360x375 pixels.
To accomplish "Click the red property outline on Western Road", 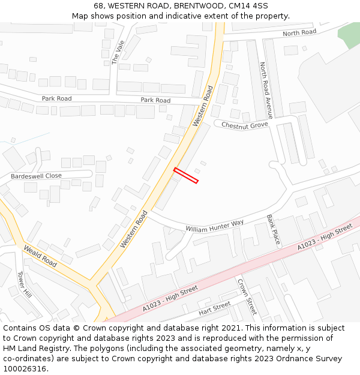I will [186, 175].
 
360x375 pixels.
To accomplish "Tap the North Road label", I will [299, 33].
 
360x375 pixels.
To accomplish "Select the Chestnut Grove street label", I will [244, 125].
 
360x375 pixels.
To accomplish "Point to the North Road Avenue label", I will [266, 90].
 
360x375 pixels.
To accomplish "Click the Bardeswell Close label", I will [36, 176].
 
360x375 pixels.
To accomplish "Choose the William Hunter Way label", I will [214, 226].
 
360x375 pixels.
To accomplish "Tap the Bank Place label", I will [273, 229].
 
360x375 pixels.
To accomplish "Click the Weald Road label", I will [40, 256].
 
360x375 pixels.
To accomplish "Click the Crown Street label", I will [247, 296].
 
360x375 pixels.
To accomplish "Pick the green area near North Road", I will [349, 35].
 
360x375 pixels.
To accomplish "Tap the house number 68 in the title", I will [98, 6].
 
